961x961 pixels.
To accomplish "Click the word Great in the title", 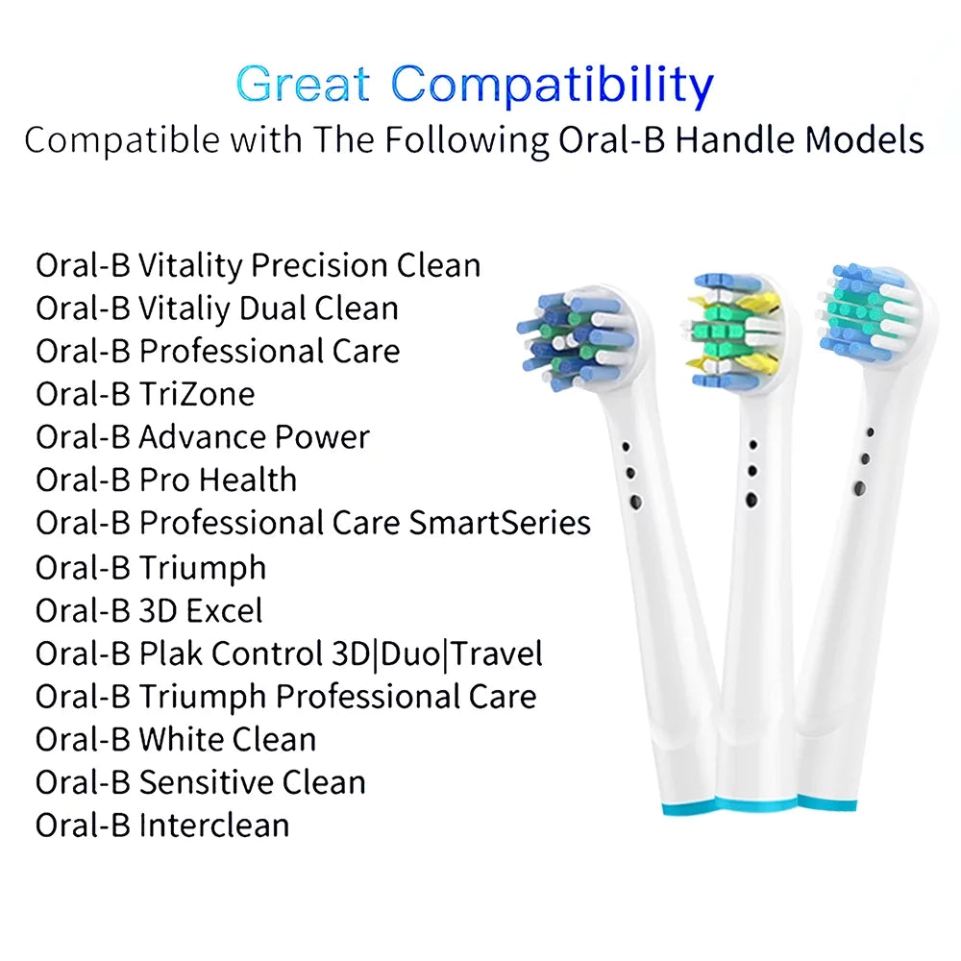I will (x=302, y=85).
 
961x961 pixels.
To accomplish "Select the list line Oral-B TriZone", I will (x=145, y=394).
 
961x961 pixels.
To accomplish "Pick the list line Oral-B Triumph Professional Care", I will (x=285, y=696).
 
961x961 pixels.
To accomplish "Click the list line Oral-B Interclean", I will (x=162, y=825).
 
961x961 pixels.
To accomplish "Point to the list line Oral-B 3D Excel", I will (x=149, y=610).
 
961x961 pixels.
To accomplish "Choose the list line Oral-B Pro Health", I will (x=166, y=480).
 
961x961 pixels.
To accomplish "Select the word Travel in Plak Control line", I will (x=498, y=653).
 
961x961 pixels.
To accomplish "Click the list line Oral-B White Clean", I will (x=176, y=739).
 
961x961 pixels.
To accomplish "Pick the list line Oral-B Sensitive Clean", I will (x=201, y=782).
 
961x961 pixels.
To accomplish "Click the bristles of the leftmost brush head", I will (x=576, y=333).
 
